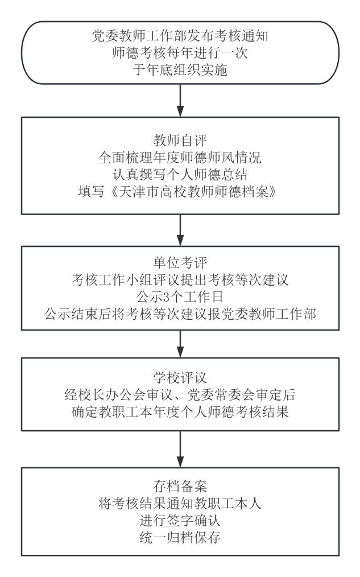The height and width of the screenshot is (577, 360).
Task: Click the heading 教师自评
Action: (x=180, y=140)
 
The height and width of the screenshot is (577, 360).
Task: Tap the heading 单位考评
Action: (x=180, y=263)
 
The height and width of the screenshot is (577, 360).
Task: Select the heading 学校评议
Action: (x=180, y=377)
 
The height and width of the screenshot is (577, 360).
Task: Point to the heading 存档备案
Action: (x=180, y=486)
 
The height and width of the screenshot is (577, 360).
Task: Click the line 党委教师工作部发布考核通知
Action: (x=180, y=36)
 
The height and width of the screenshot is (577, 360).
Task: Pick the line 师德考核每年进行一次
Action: (x=180, y=52)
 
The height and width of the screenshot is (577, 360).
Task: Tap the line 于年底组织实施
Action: (x=180, y=69)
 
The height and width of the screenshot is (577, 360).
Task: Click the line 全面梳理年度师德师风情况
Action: (x=180, y=158)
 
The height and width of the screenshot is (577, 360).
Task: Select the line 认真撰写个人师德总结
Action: (x=180, y=175)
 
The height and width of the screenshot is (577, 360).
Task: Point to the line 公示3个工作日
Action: (x=180, y=297)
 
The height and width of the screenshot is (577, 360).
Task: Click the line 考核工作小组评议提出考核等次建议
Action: (x=180, y=279)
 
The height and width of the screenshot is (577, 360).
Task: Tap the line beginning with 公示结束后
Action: (x=180, y=314)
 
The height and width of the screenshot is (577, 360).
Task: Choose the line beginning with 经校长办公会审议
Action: (x=180, y=395)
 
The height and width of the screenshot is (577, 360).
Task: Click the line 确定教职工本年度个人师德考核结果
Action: (x=180, y=412)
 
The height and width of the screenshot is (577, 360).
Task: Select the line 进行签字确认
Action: (x=180, y=520)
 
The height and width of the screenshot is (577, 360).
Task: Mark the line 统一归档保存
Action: (x=180, y=537)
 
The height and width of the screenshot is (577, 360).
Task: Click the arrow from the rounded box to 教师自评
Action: (x=180, y=101)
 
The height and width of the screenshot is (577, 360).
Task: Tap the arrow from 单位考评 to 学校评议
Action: (x=180, y=344)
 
